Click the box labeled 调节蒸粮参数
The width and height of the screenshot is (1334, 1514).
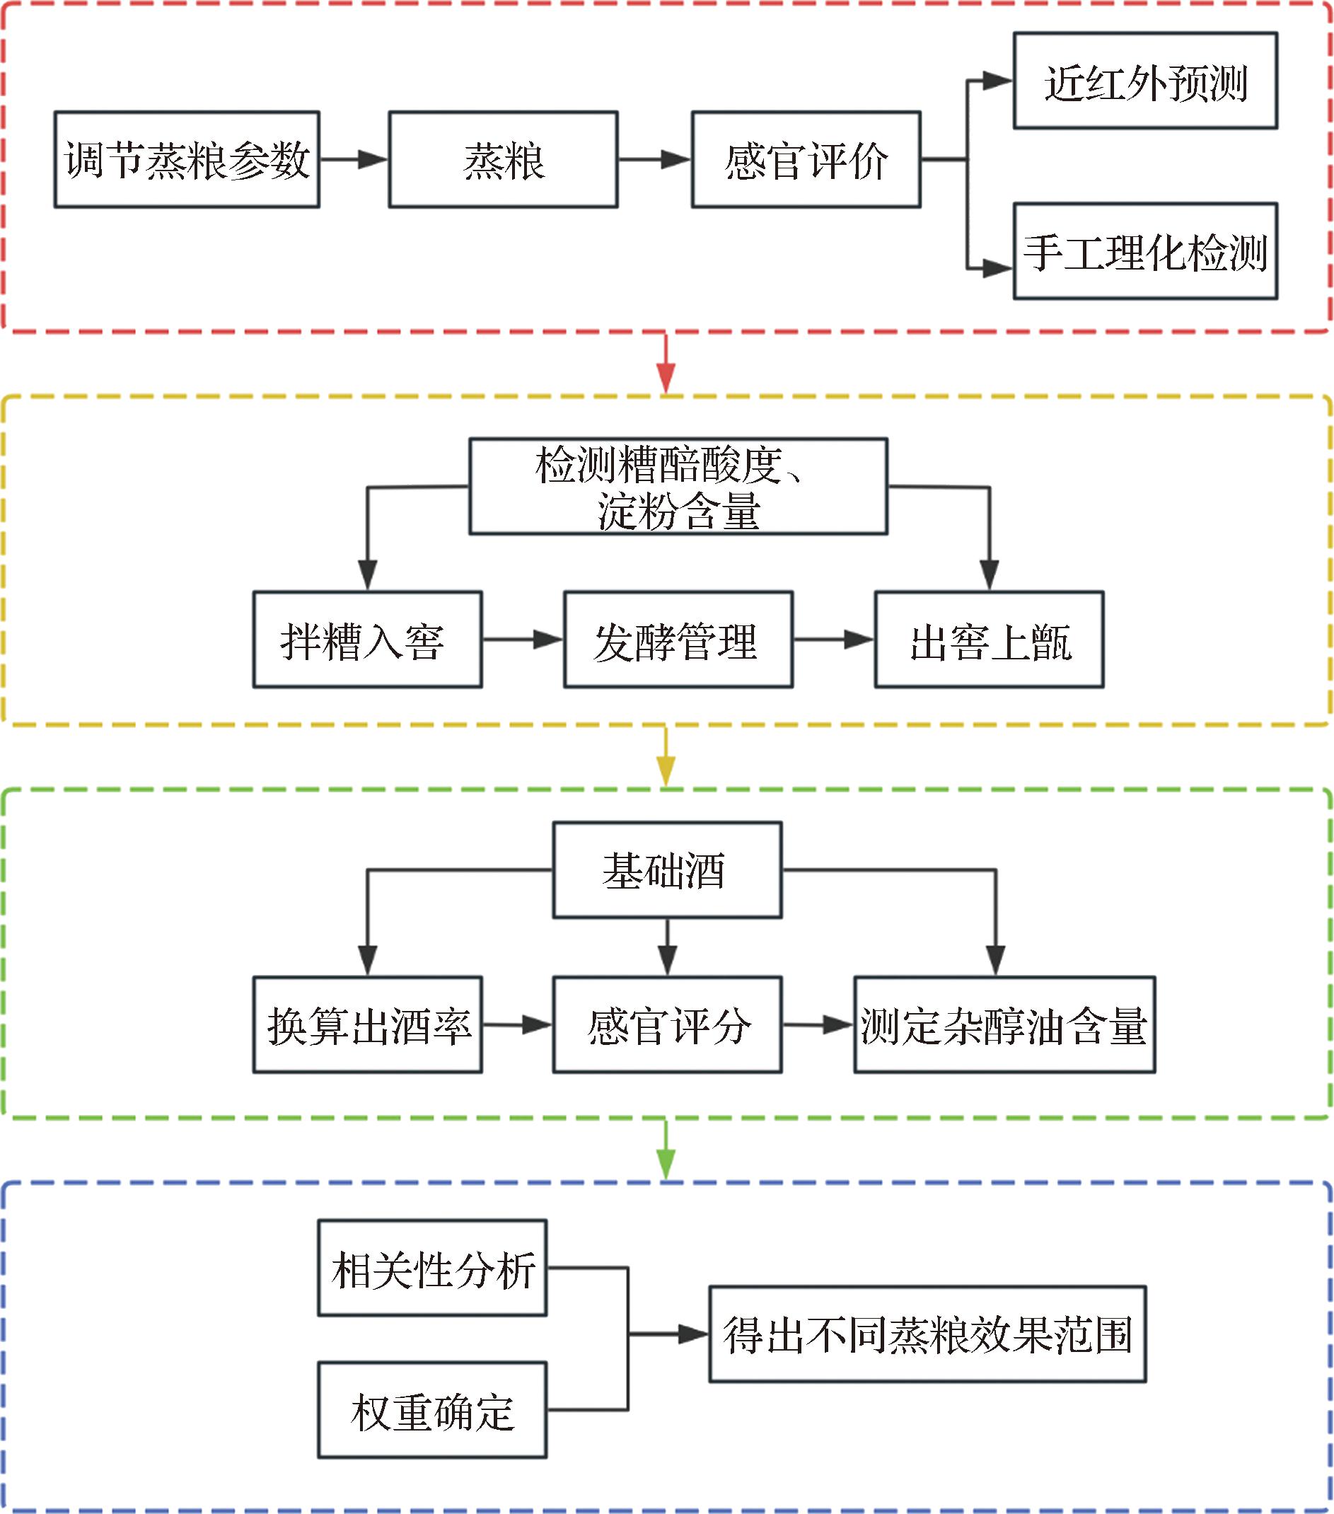[187, 159]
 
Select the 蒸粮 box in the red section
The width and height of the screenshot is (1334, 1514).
[503, 159]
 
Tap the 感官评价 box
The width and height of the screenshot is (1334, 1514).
[806, 159]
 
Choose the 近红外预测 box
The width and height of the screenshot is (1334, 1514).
[1144, 81]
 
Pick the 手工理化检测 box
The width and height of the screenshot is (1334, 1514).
[1144, 251]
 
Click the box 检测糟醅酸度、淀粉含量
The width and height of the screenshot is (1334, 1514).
[678, 487]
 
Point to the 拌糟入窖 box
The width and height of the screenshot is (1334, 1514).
[367, 640]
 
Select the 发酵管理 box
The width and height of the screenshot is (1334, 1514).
[678, 640]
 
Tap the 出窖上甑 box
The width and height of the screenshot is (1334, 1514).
[989, 640]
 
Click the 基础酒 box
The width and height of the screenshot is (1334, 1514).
[666, 870]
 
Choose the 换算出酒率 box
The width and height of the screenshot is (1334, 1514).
[367, 1025]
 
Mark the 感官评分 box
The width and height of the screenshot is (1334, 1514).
[666, 1025]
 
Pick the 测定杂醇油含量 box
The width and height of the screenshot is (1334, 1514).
[1004, 1025]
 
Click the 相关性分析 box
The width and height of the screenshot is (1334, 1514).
[432, 1268]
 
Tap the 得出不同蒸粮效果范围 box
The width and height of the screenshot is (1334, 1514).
[927, 1334]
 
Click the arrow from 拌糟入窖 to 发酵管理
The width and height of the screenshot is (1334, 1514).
[522, 640]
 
